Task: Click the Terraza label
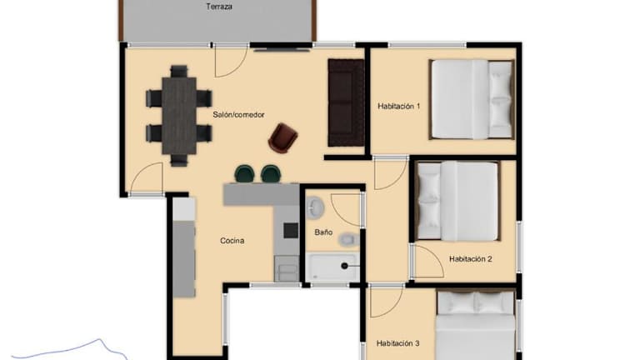[219, 7]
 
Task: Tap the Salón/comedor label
[238, 115]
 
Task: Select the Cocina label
[232, 241]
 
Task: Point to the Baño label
[323, 232]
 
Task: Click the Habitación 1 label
[399, 106]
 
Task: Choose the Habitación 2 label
[471, 259]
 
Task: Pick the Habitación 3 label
[398, 343]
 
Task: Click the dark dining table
[179, 116]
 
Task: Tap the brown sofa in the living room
[346, 102]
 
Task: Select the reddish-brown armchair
[282, 138]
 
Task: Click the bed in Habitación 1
[472, 99]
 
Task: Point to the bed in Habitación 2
[457, 201]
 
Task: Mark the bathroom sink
[315, 207]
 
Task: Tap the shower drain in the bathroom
[344, 266]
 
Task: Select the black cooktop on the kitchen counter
[291, 231]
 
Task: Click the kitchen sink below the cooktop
[287, 268]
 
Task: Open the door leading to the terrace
[231, 61]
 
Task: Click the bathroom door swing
[346, 210]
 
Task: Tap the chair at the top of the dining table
[179, 72]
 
